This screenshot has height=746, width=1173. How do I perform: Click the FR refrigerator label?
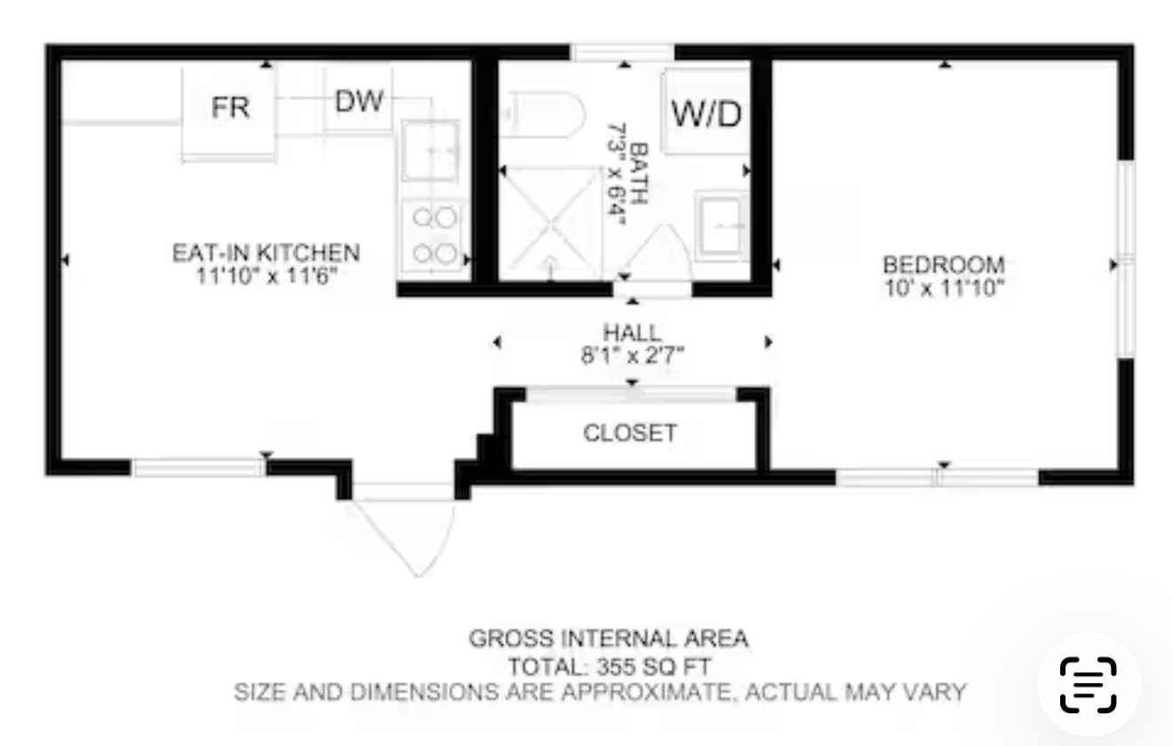click(x=230, y=107)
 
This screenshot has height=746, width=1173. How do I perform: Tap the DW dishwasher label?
click(x=359, y=100)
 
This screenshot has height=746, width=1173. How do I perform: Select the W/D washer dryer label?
click(x=706, y=114)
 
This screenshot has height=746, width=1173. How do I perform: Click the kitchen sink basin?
click(x=430, y=151)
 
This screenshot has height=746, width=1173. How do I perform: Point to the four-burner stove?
click(x=434, y=235)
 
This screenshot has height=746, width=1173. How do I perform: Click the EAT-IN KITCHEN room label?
click(x=266, y=253)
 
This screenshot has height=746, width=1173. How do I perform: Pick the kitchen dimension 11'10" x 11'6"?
click(x=266, y=276)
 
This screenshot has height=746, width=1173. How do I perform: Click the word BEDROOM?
click(x=944, y=265)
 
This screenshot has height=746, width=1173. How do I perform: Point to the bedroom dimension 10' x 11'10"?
click(x=944, y=288)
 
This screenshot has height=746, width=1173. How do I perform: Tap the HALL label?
click(x=632, y=333)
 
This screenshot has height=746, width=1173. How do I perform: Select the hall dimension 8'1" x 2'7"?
click(x=633, y=355)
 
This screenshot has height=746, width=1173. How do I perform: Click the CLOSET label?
click(x=630, y=433)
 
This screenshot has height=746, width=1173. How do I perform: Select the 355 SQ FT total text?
click(x=653, y=667)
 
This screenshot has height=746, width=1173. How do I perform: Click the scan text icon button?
click(x=1089, y=684)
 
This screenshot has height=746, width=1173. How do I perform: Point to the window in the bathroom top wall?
click(x=622, y=52)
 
